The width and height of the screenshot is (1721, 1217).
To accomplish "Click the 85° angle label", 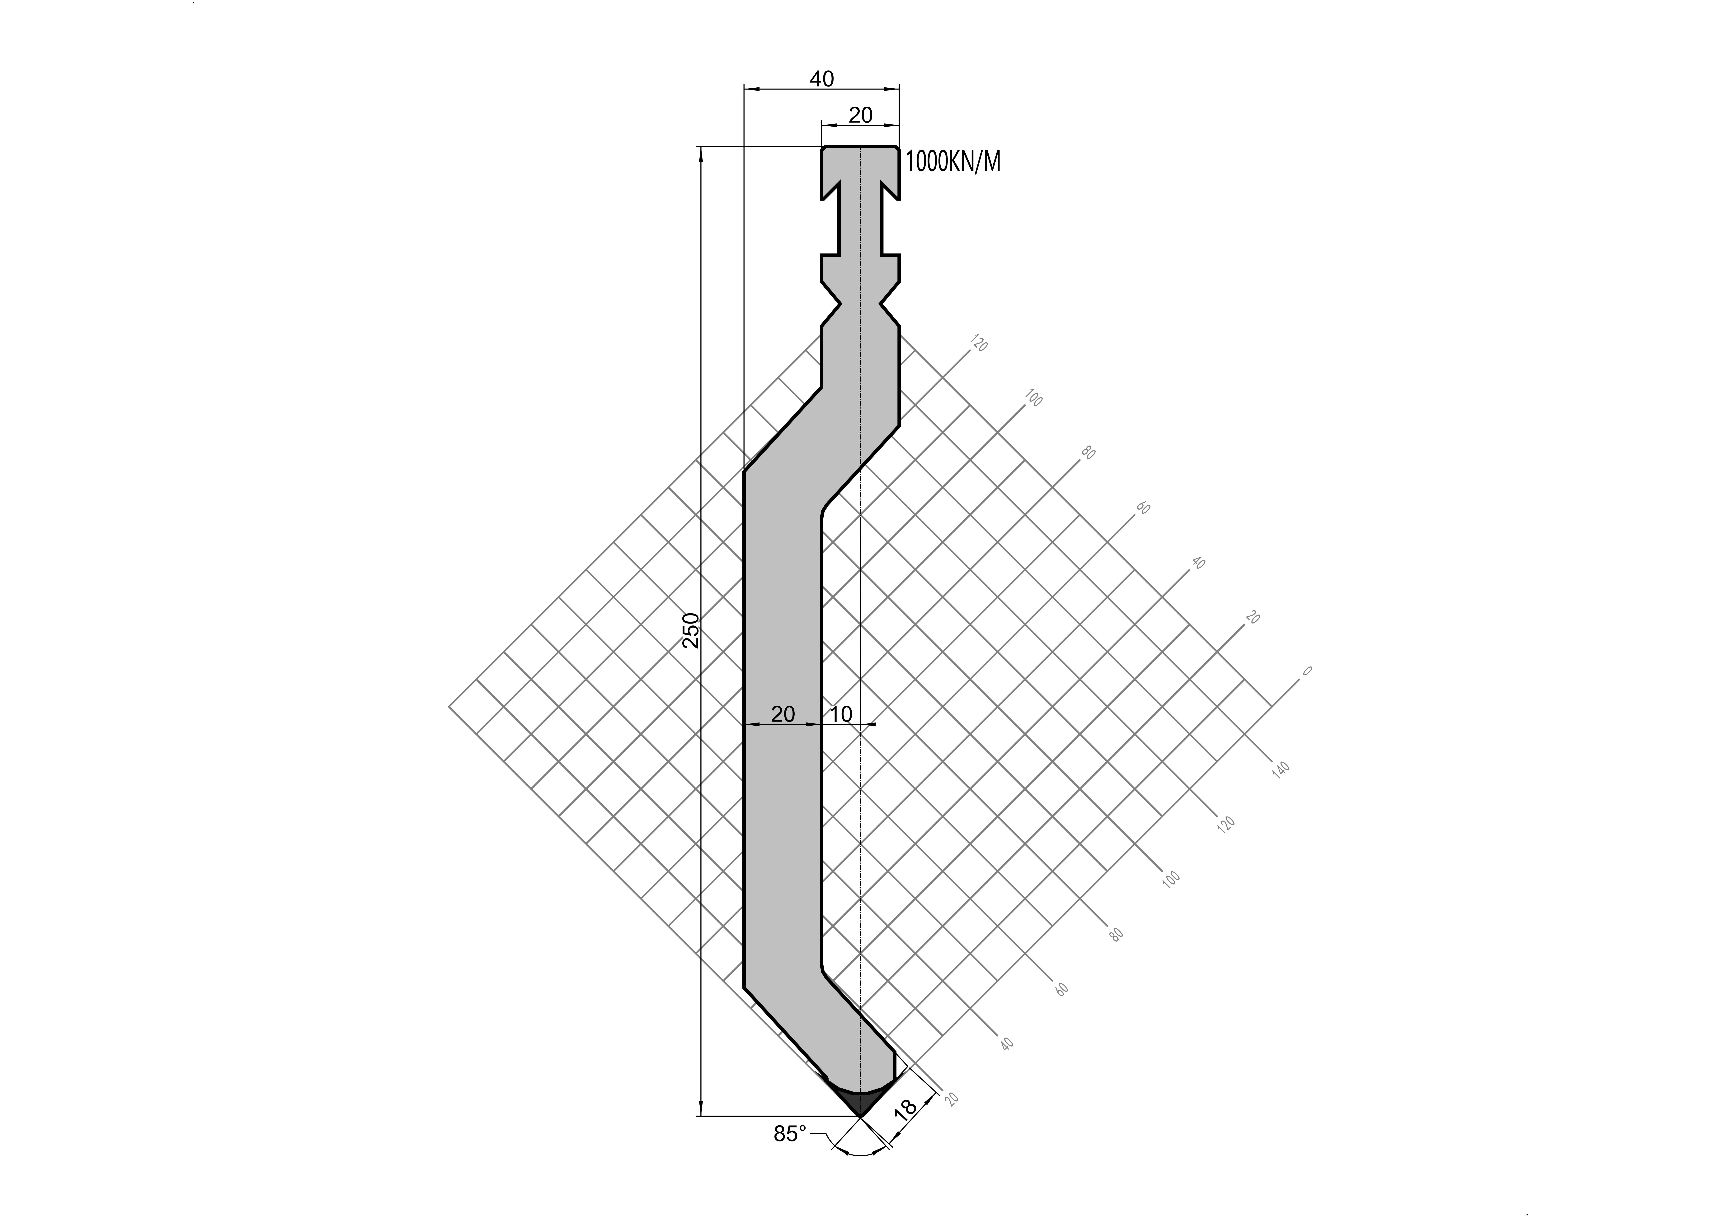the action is point(790,1134).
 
